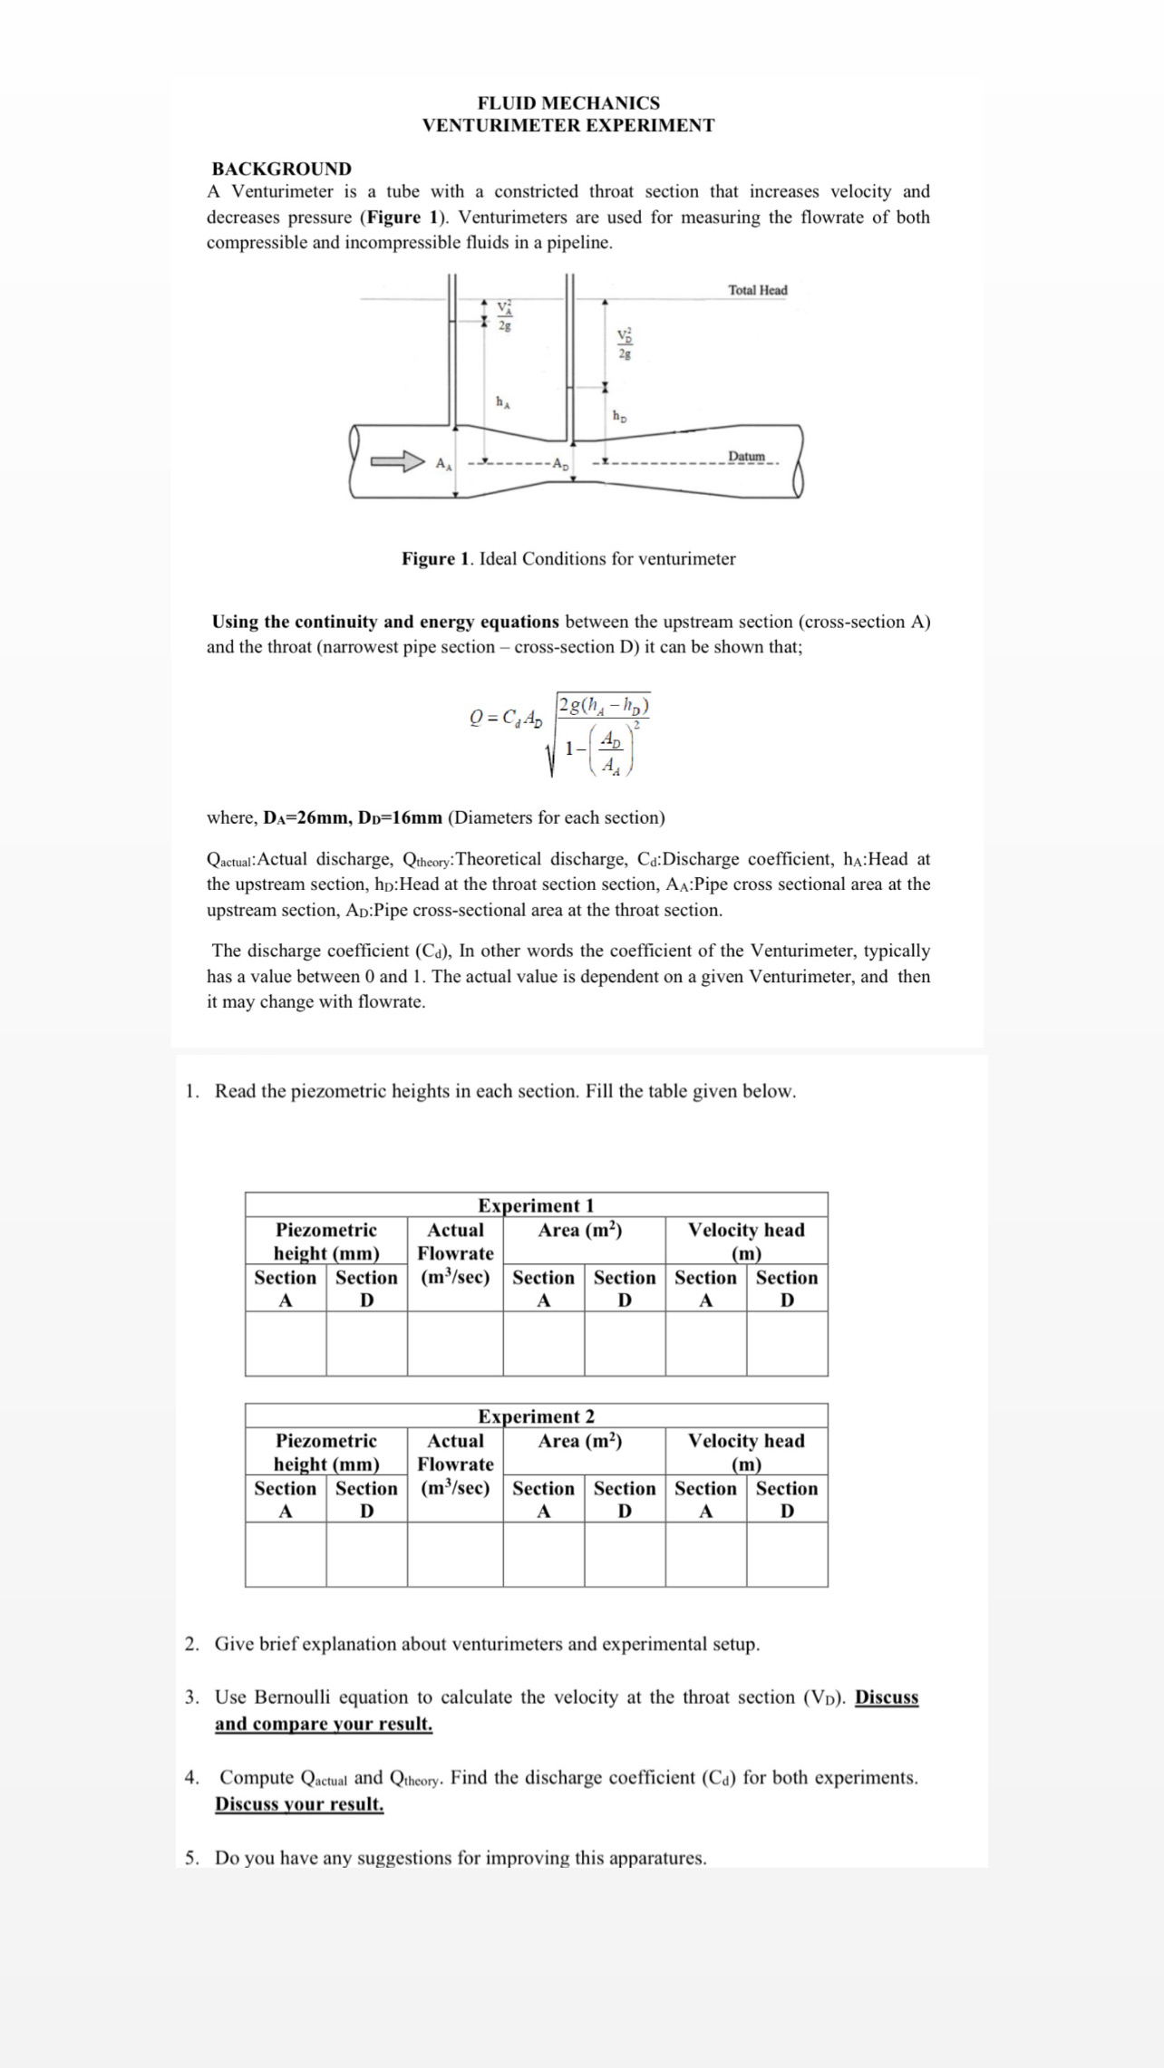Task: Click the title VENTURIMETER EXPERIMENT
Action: (x=568, y=126)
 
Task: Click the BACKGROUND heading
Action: (x=281, y=169)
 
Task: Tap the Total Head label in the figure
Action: (x=757, y=290)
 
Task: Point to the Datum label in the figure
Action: (x=747, y=456)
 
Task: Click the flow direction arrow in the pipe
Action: (x=398, y=461)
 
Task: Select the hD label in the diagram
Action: (x=619, y=417)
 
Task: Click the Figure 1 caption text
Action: (x=568, y=559)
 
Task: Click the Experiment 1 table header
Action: (x=536, y=1205)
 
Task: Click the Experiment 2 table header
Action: (x=536, y=1416)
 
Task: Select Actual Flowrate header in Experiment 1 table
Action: (x=455, y=1242)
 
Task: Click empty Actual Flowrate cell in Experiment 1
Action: (x=455, y=1343)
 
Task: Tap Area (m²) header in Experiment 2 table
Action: (x=579, y=1441)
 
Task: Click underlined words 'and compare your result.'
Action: (x=324, y=1724)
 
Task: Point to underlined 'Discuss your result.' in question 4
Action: (x=299, y=1803)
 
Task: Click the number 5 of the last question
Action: (x=190, y=1859)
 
